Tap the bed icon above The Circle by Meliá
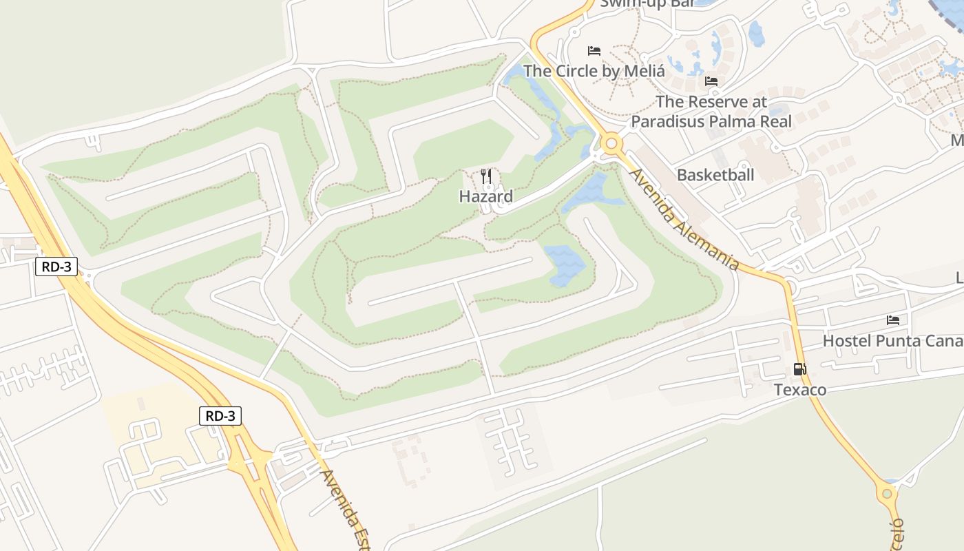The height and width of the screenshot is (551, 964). [594, 51]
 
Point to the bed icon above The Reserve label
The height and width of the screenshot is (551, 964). [711, 81]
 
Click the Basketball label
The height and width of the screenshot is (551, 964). [715, 175]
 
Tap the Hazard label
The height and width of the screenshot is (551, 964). [486, 196]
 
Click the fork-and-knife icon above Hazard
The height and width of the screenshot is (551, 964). [486, 176]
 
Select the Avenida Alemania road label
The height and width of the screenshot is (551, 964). [684, 218]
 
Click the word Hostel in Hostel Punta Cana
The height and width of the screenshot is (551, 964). [846, 341]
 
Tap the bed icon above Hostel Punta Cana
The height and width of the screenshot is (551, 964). [893, 320]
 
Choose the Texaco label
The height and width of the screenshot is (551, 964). [800, 390]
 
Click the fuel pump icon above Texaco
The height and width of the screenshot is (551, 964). [799, 369]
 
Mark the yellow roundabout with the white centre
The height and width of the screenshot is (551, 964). [611, 144]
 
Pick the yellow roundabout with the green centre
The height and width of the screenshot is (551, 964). [887, 493]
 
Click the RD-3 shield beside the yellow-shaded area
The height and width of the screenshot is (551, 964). [221, 416]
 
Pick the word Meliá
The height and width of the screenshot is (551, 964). [646, 71]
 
